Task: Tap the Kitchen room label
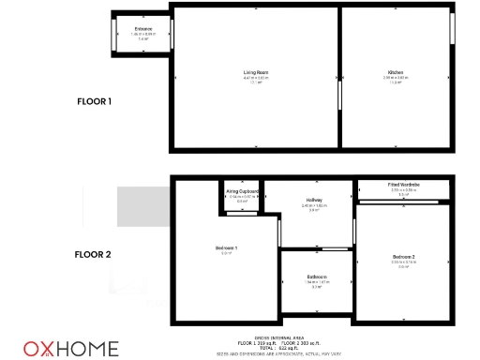[396, 72]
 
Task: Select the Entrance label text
[143, 30]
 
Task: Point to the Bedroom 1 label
[226, 247]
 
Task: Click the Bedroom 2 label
[403, 256]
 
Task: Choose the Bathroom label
[316, 277]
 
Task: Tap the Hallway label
[315, 200]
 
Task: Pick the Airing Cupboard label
[242, 190]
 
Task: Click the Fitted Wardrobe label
[404, 185]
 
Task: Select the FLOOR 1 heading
[94, 101]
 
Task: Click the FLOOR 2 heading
[94, 254]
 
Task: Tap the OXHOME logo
[71, 349]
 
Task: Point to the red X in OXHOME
[43, 349]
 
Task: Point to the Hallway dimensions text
[315, 205]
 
